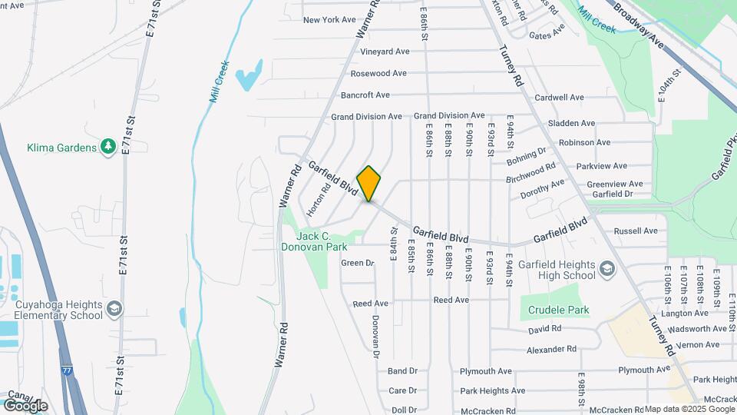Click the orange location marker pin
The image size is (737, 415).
369,184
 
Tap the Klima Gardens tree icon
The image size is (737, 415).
108,147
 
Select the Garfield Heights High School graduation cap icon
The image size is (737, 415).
607,268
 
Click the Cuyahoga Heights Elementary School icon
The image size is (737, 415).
114,309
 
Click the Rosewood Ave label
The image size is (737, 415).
378,74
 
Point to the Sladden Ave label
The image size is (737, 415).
571,123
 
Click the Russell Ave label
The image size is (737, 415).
636,231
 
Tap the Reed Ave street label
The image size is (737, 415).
371,304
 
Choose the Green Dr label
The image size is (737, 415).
358,263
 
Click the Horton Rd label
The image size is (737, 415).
319,198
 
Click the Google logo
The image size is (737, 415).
25,405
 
